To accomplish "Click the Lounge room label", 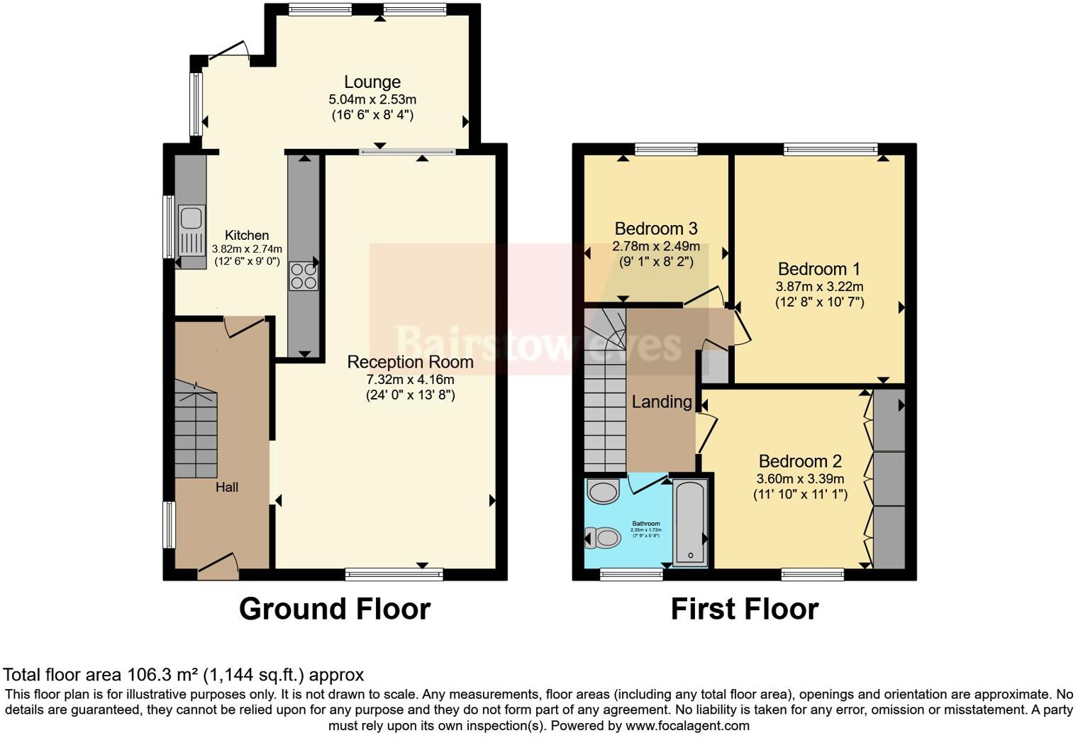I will (372, 82).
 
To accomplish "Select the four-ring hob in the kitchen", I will (304, 276).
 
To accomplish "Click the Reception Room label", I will (410, 362).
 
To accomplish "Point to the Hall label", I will (227, 487).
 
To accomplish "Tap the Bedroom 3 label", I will (655, 228).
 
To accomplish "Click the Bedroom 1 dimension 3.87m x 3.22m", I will (819, 287).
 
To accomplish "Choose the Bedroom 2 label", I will (800, 461).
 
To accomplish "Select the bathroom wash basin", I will (604, 492).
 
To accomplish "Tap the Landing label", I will (661, 402).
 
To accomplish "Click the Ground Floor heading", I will (334, 609).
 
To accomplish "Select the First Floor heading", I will (744, 609).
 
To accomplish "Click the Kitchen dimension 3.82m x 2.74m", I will (247, 249).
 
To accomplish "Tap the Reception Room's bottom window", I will (394, 574).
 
